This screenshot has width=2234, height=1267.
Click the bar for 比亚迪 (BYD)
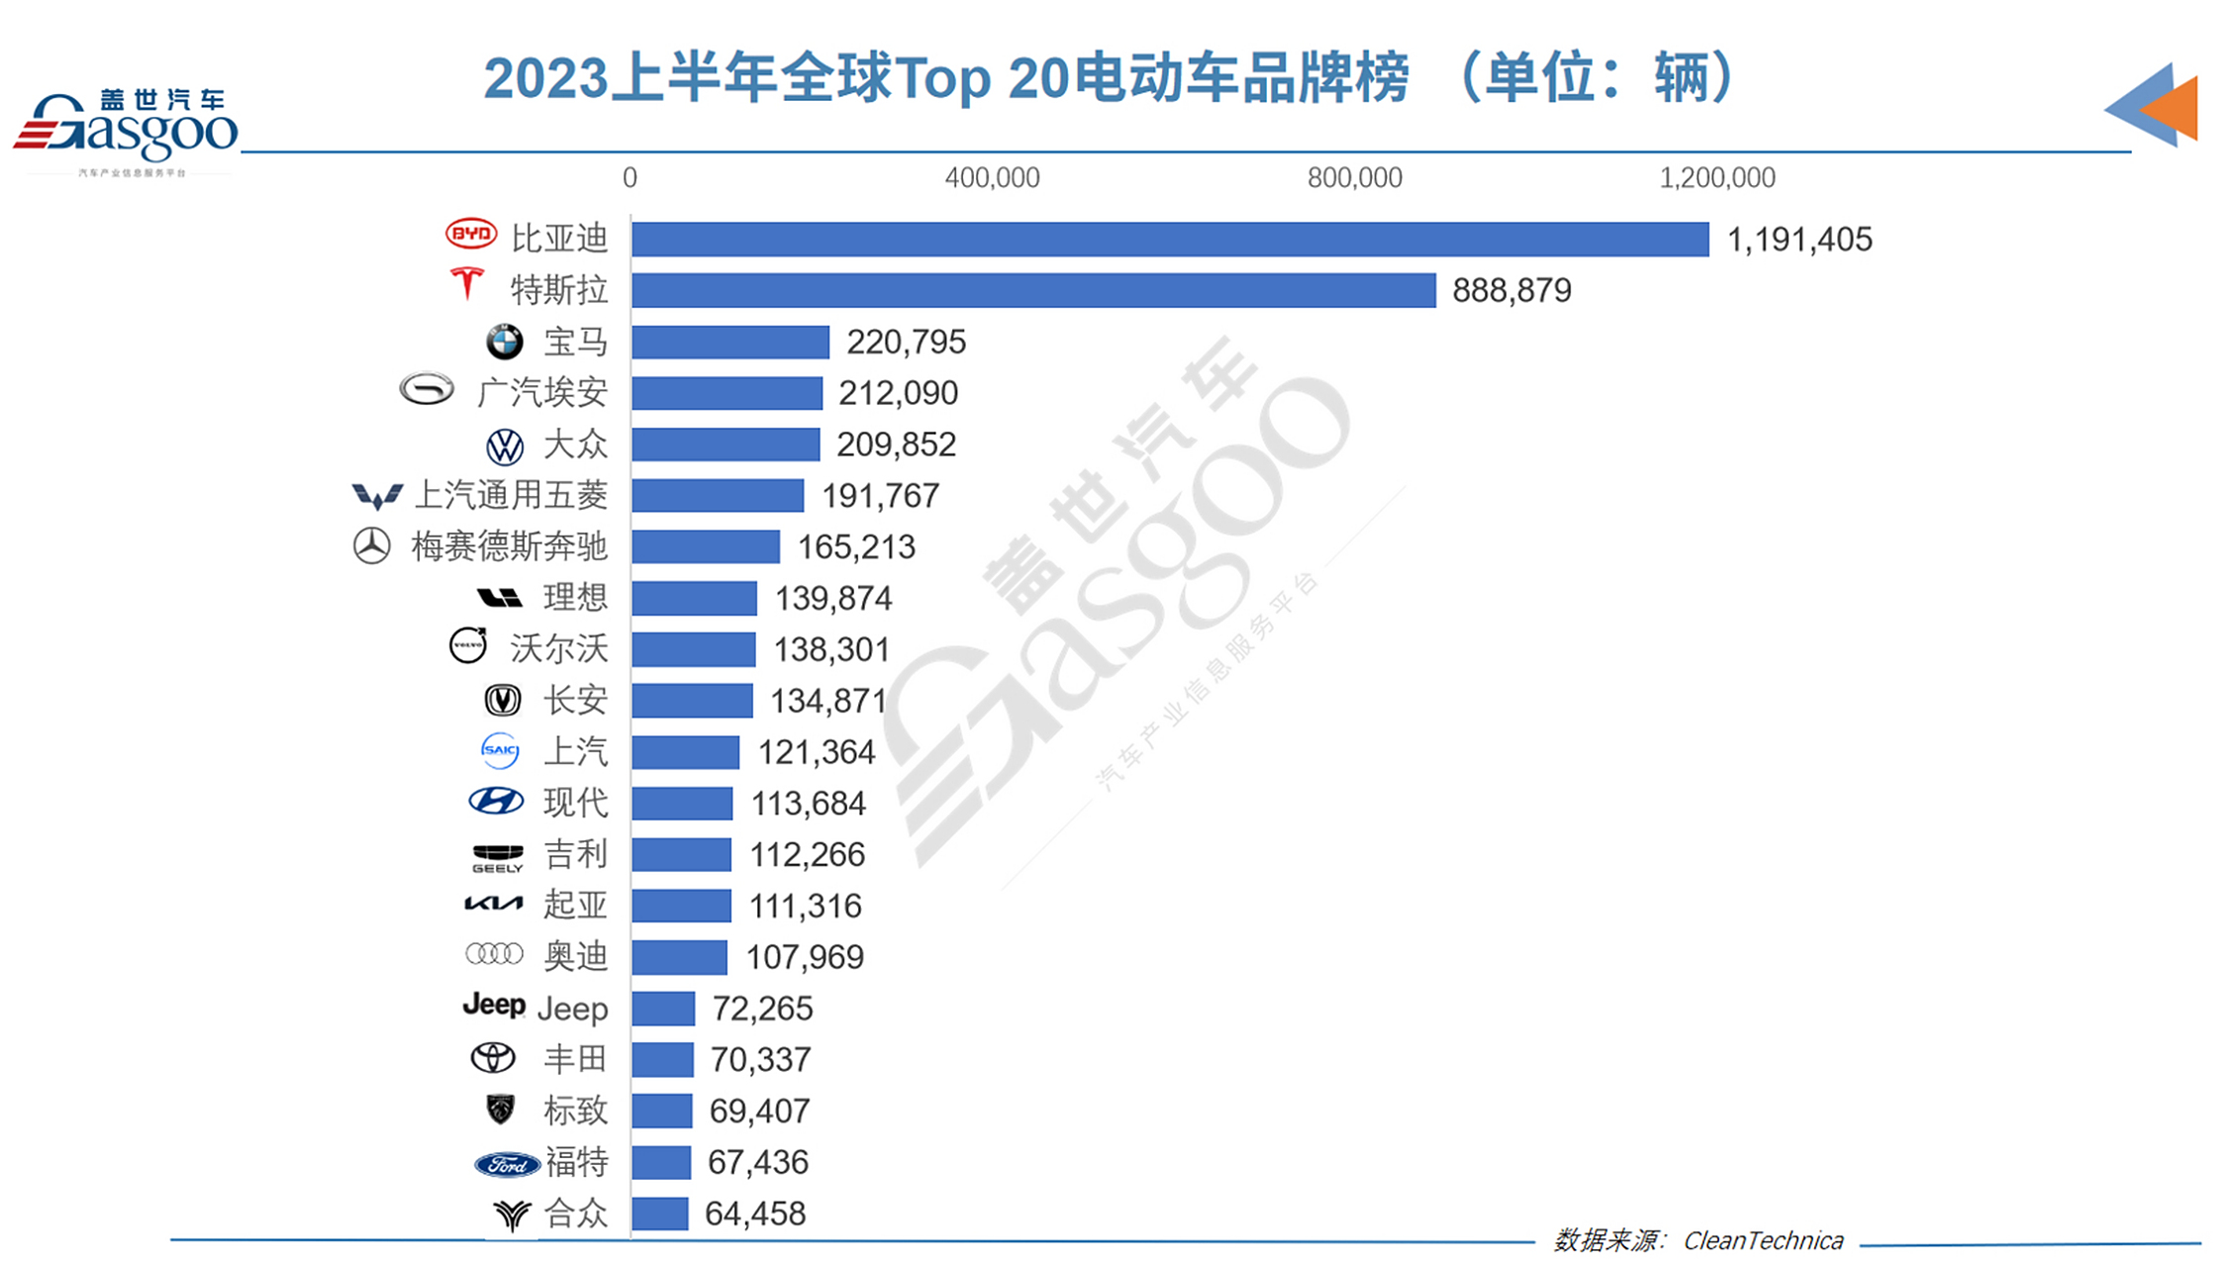coord(1170,240)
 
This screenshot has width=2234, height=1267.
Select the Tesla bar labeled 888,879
coord(1033,291)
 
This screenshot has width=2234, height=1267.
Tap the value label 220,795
coord(906,342)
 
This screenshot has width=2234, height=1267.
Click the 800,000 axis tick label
coord(1354,178)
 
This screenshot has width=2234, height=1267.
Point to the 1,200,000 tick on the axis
coord(1716,178)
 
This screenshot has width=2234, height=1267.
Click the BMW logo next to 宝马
coord(504,342)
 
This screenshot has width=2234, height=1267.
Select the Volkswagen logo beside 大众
coord(505,446)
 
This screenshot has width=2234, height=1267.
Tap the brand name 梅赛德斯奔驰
coord(509,547)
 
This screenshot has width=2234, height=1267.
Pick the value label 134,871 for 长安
coord(827,702)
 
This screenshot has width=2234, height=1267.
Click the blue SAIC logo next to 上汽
coord(499,751)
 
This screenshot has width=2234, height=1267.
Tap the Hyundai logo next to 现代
coord(496,802)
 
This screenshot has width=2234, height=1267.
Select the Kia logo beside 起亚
coord(493,904)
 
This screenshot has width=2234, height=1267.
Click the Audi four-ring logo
coord(494,955)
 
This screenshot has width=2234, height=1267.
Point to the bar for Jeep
coord(663,1009)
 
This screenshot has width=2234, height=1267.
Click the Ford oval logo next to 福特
coord(507,1165)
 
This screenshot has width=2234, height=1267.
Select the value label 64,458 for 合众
coord(755,1214)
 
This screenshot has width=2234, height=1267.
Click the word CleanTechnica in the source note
coord(1763,1241)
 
